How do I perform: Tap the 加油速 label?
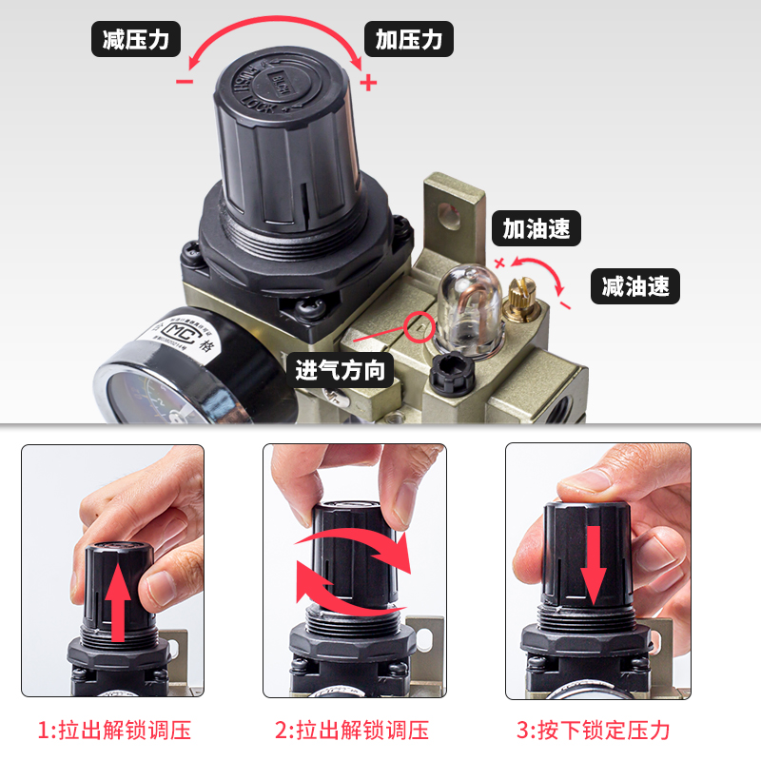tap(537, 229)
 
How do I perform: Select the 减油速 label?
tap(635, 285)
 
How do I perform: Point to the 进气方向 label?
tap(341, 369)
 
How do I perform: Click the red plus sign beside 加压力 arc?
tap(369, 83)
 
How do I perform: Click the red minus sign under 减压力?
tap(185, 82)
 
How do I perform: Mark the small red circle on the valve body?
tap(420, 326)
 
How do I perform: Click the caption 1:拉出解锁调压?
tap(114, 731)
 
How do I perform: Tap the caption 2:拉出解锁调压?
tap(352, 731)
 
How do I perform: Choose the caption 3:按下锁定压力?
tap(594, 731)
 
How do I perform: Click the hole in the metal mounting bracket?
tap(446, 210)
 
